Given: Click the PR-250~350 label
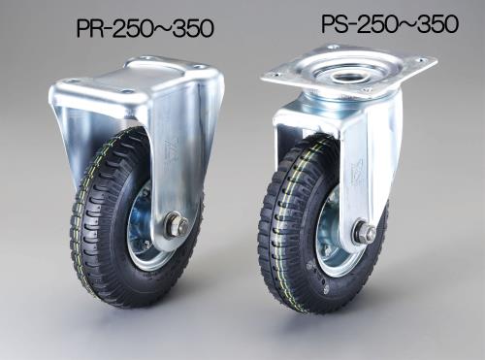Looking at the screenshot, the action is coord(145,28).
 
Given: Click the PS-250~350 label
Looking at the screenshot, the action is coord(390,23).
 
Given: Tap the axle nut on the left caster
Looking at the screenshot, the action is coord(178,223).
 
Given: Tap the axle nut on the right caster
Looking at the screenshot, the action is coord(365,232).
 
